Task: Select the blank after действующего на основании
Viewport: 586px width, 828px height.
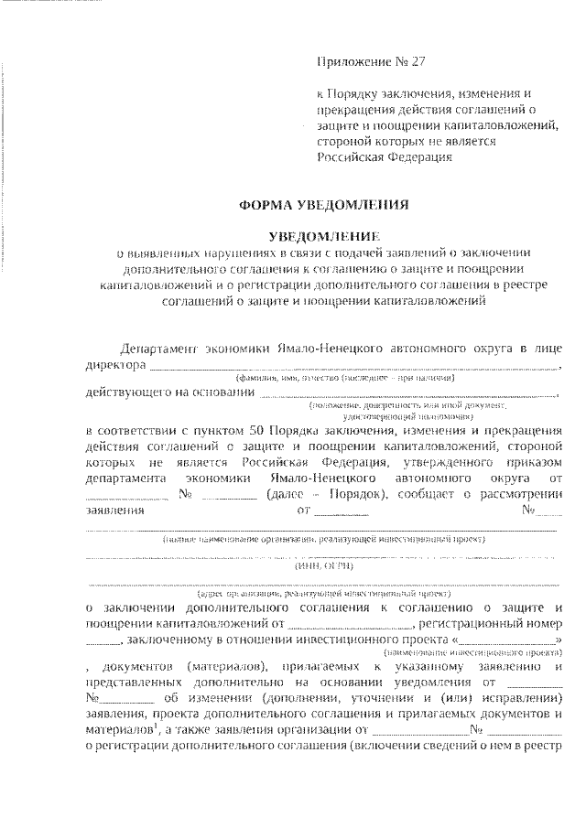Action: [x=407, y=394]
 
